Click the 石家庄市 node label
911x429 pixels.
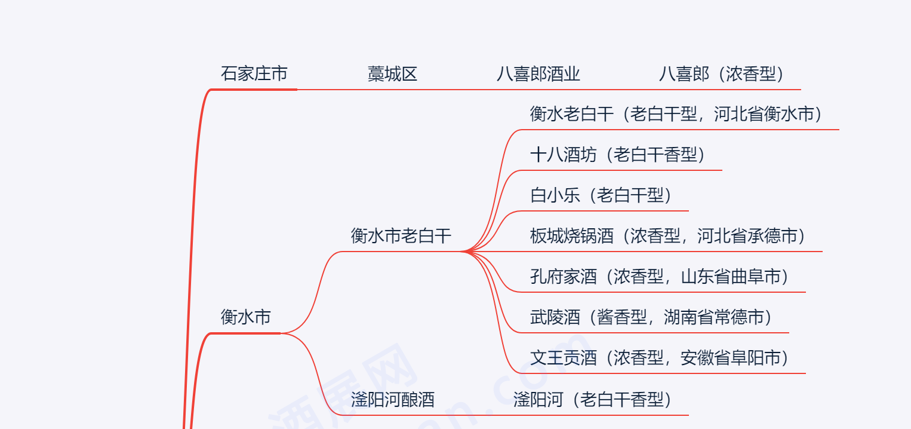254,73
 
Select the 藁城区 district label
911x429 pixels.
392,74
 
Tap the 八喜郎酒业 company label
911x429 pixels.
538,74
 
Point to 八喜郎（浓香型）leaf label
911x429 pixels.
721,74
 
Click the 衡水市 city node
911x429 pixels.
245,317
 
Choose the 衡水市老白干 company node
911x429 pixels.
401,236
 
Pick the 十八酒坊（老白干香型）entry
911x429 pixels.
617,155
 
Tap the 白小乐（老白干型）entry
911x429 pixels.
601,195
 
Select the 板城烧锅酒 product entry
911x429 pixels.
571,236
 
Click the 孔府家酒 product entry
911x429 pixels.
563,277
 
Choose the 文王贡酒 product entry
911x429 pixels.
563,358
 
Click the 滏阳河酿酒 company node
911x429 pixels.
392,399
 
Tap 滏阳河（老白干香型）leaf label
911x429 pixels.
592,399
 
